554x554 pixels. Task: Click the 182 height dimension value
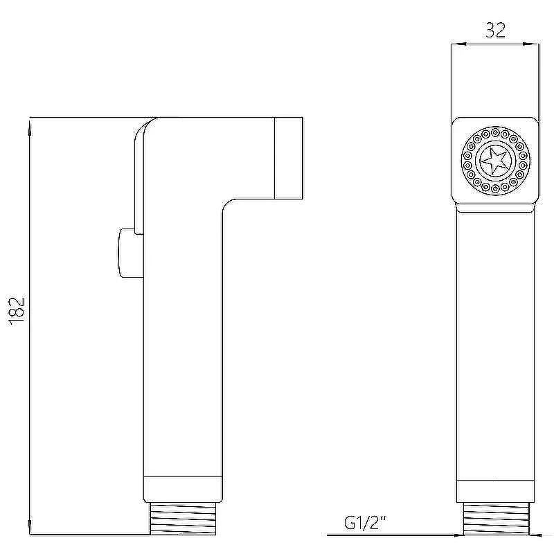coord(16,309)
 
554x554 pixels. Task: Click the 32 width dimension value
coord(495,30)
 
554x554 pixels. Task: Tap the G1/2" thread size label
coord(365,523)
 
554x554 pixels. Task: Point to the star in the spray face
coord(495,161)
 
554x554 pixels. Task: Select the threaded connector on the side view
coord(183,518)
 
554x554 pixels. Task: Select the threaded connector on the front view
coord(496,519)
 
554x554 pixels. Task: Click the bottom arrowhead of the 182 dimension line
coord(30,526)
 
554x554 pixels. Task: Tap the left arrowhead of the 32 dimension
coord(459,44)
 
